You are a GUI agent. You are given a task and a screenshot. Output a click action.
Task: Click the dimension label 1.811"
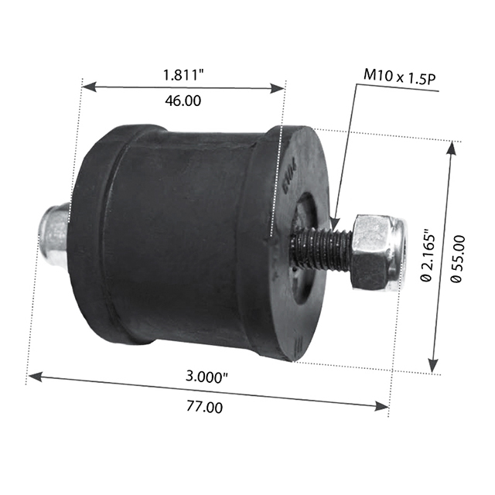(x=183, y=75)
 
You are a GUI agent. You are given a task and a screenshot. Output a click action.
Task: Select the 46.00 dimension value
(x=183, y=101)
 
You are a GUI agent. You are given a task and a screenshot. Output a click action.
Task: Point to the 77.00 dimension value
(x=206, y=407)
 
